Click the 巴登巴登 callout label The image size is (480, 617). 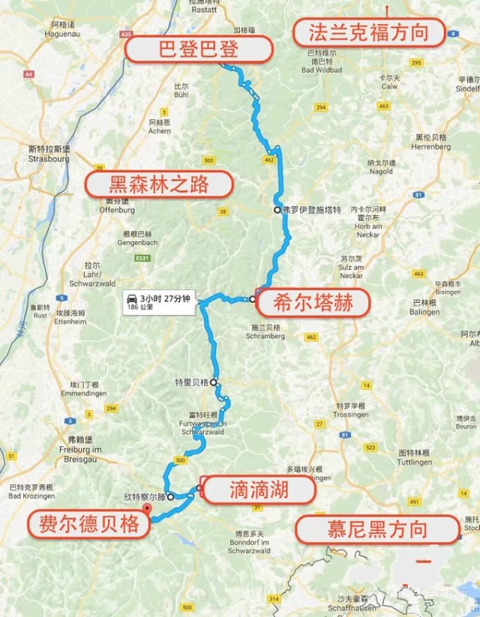point(198,49)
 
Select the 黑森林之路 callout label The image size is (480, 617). point(158,184)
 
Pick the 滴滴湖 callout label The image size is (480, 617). point(256,490)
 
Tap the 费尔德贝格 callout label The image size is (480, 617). point(85,524)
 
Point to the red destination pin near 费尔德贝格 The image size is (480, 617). point(147,509)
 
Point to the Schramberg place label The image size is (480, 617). point(266,337)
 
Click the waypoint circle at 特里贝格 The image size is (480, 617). point(214,382)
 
